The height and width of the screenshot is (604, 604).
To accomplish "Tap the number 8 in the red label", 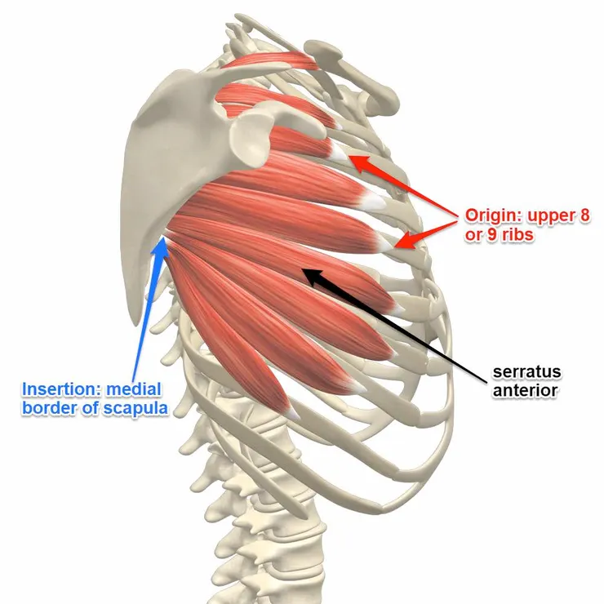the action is tap(584, 215).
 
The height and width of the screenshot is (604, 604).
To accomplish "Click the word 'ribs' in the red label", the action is tap(518, 234).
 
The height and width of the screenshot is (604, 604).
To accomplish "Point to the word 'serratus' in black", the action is tap(526, 372).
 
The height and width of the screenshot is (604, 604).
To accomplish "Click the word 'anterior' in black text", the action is tap(525, 390).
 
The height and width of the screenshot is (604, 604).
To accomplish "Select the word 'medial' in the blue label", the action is tap(134, 389).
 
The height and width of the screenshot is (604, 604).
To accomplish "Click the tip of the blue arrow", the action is tap(164, 238).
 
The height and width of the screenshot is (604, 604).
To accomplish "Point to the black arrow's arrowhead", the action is tap(304, 269).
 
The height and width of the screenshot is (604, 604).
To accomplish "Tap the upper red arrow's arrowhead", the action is tap(350, 156).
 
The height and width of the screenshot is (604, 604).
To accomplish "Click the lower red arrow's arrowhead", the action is tap(394, 246).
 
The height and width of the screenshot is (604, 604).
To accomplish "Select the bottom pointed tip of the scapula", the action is tap(135, 326).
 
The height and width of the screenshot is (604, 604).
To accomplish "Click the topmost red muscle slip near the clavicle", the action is tap(269, 60).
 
